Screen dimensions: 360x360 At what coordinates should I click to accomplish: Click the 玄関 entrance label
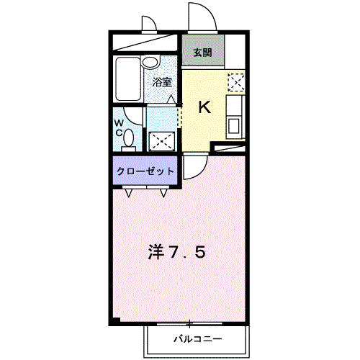pos(202,53)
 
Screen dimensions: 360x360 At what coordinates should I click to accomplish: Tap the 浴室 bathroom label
pos(161,82)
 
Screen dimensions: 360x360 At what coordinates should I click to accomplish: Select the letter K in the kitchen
pos(204,108)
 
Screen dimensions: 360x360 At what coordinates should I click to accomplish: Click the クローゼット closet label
pos(145,171)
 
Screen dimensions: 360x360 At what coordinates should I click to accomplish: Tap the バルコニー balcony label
pos(197,338)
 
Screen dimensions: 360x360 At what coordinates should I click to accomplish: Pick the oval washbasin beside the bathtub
pos(150,63)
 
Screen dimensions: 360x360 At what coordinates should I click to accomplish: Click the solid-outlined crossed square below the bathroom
pos(161,140)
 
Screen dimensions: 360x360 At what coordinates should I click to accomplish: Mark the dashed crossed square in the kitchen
pos(235,81)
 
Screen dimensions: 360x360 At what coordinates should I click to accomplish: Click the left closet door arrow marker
pos(129,192)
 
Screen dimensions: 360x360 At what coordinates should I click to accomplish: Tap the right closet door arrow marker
pos(165,192)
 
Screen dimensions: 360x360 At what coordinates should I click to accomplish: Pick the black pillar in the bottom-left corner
pos(114,320)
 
